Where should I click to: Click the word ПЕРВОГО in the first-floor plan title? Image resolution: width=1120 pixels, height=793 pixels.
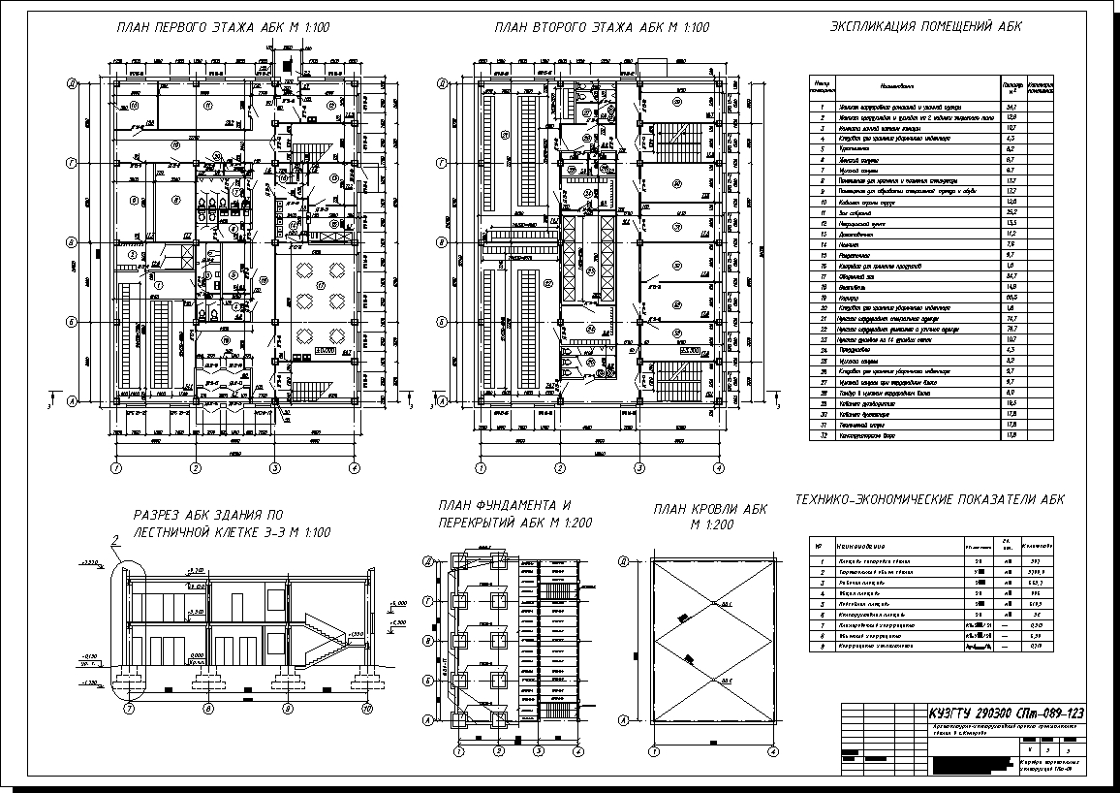177,29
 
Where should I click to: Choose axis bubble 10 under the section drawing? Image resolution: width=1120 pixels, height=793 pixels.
366,710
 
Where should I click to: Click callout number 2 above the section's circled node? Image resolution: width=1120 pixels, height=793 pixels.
114,540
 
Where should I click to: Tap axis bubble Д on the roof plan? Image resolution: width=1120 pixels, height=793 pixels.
625,561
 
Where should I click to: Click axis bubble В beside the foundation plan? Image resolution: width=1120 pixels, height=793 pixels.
429,641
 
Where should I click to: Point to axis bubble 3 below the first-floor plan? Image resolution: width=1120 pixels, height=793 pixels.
274,469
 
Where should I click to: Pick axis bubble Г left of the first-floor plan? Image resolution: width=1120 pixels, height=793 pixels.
72,162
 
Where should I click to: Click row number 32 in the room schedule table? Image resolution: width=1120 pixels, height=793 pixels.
822,435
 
